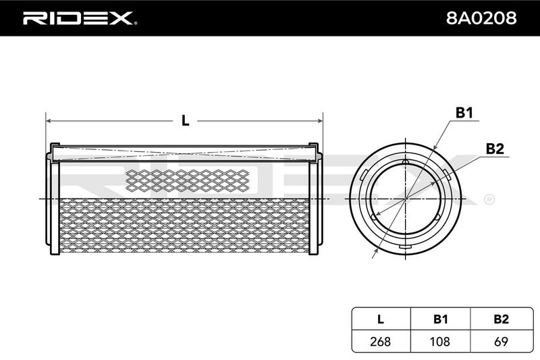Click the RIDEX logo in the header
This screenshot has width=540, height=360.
80,18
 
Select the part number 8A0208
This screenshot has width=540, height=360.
481,18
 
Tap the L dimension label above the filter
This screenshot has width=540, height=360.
185,121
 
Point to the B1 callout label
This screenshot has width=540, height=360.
464,113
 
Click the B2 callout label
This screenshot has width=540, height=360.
495,149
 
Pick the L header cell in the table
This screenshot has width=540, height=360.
380,319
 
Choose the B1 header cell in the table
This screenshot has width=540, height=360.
441,319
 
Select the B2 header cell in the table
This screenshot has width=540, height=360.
501,319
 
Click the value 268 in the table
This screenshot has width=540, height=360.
380,341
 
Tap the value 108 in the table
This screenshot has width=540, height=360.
440,341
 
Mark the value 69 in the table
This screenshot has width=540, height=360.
501,341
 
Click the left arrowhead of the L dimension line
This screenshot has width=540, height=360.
49,121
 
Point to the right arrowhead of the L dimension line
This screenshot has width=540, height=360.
320,121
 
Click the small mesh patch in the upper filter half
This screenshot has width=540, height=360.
188,180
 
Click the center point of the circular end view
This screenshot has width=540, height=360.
406,199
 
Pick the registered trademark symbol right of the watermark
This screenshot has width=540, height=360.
489,199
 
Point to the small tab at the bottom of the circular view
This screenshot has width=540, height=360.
405,247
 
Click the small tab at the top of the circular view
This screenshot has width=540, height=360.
406,162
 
